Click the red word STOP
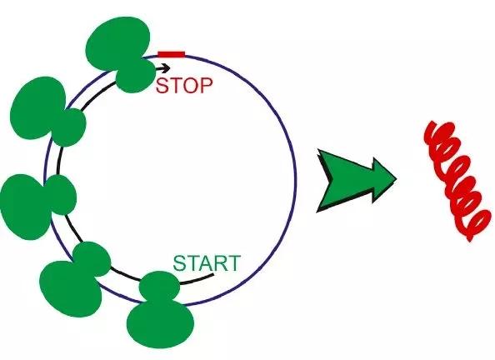tap(184, 86)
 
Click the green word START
tap(207, 263)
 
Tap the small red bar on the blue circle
tap(172, 54)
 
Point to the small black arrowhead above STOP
tap(167, 67)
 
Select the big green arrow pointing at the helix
tap(356, 181)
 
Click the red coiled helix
tap(457, 181)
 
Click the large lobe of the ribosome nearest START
tap(160, 324)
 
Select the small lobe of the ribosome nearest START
tap(159, 287)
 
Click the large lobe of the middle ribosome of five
tap(25, 207)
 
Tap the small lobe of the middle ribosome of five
tap(61, 194)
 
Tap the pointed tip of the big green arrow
tap(396, 178)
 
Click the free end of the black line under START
tap(213, 275)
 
